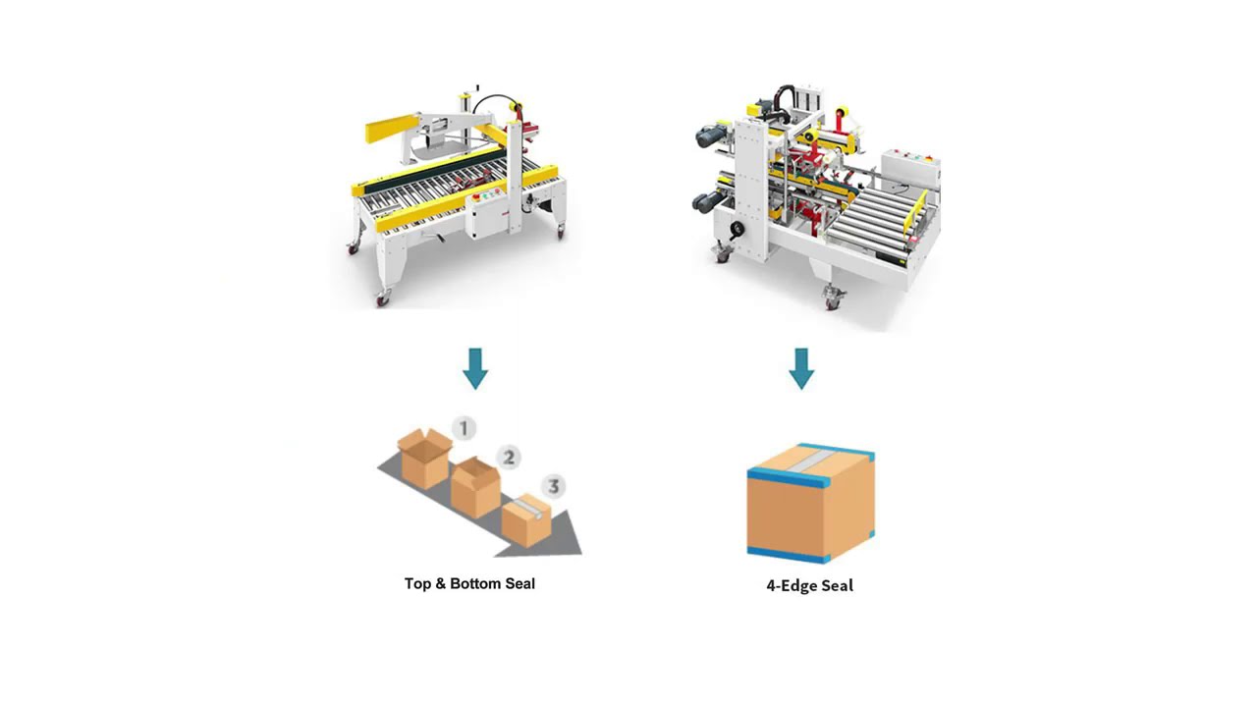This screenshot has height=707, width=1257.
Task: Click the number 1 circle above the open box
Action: tap(464, 428)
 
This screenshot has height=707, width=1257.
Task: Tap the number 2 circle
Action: tap(508, 457)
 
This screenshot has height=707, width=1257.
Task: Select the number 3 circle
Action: tap(553, 486)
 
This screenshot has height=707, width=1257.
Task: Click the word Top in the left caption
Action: tap(417, 583)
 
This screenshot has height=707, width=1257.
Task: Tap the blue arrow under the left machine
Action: tap(475, 368)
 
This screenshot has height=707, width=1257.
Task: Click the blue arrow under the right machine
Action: tap(801, 368)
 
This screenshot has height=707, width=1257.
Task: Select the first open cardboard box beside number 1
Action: tap(424, 458)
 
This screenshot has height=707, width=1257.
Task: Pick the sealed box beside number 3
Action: tap(526, 520)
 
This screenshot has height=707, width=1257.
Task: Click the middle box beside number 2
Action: tap(476, 486)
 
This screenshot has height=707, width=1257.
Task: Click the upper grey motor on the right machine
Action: tap(711, 136)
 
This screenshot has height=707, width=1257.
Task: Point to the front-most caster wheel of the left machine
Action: tap(382, 298)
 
